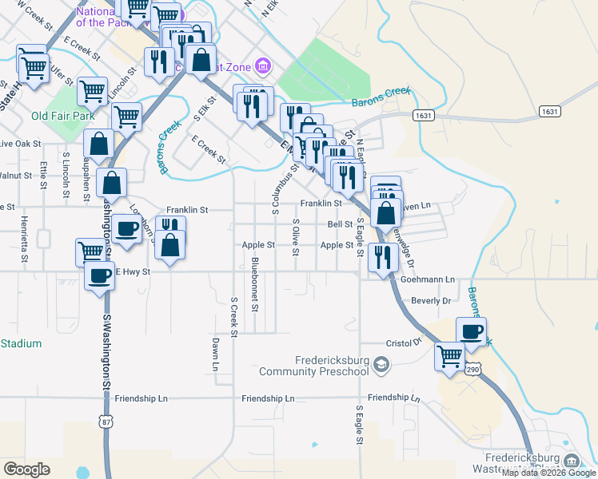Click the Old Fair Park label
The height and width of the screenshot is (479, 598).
click(x=63, y=116)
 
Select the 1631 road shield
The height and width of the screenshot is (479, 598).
click(x=424, y=116)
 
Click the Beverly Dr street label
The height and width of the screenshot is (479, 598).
click(x=431, y=301)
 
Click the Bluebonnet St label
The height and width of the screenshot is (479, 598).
click(x=255, y=283)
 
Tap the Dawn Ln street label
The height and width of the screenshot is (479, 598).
click(x=215, y=354)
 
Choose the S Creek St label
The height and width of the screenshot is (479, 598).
click(x=234, y=317)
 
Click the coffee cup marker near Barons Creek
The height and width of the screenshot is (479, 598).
click(x=471, y=331)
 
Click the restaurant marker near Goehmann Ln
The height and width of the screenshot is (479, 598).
click(x=384, y=257)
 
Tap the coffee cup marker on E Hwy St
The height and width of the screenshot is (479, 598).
click(x=100, y=278)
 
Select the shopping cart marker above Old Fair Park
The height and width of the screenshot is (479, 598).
click(x=92, y=91)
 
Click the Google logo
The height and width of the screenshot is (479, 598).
click(x=26, y=469)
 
